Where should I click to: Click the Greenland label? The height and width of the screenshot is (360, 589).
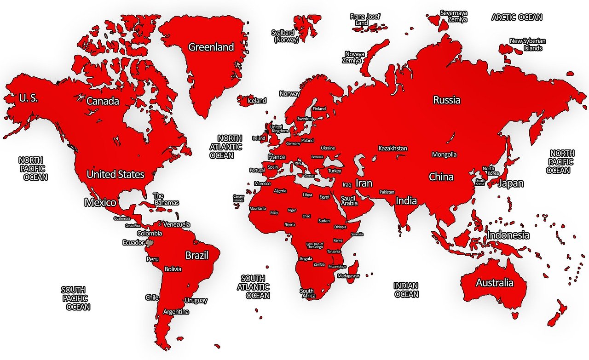click(211, 47)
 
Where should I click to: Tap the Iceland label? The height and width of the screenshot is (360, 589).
click(257, 100)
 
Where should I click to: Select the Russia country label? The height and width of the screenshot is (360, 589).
click(446, 100)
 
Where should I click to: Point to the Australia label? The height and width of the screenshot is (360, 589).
click(494, 282)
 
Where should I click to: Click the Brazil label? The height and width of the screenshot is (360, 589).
click(197, 255)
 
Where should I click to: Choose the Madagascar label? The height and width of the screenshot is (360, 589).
click(348, 276)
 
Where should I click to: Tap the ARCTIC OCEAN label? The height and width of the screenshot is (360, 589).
click(517, 17)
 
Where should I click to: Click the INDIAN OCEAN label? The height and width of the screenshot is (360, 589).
click(406, 290)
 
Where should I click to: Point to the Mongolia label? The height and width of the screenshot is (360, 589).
click(444, 154)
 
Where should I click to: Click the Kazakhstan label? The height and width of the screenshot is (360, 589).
click(393, 148)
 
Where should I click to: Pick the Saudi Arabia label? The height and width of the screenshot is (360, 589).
click(349, 200)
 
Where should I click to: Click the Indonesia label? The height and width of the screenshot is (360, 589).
click(508, 235)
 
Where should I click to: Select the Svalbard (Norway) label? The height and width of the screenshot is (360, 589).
click(286, 36)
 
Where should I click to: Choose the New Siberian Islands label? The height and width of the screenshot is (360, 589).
click(526, 45)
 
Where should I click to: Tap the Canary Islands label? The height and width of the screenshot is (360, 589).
click(238, 198)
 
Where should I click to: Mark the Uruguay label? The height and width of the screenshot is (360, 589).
click(196, 300)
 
